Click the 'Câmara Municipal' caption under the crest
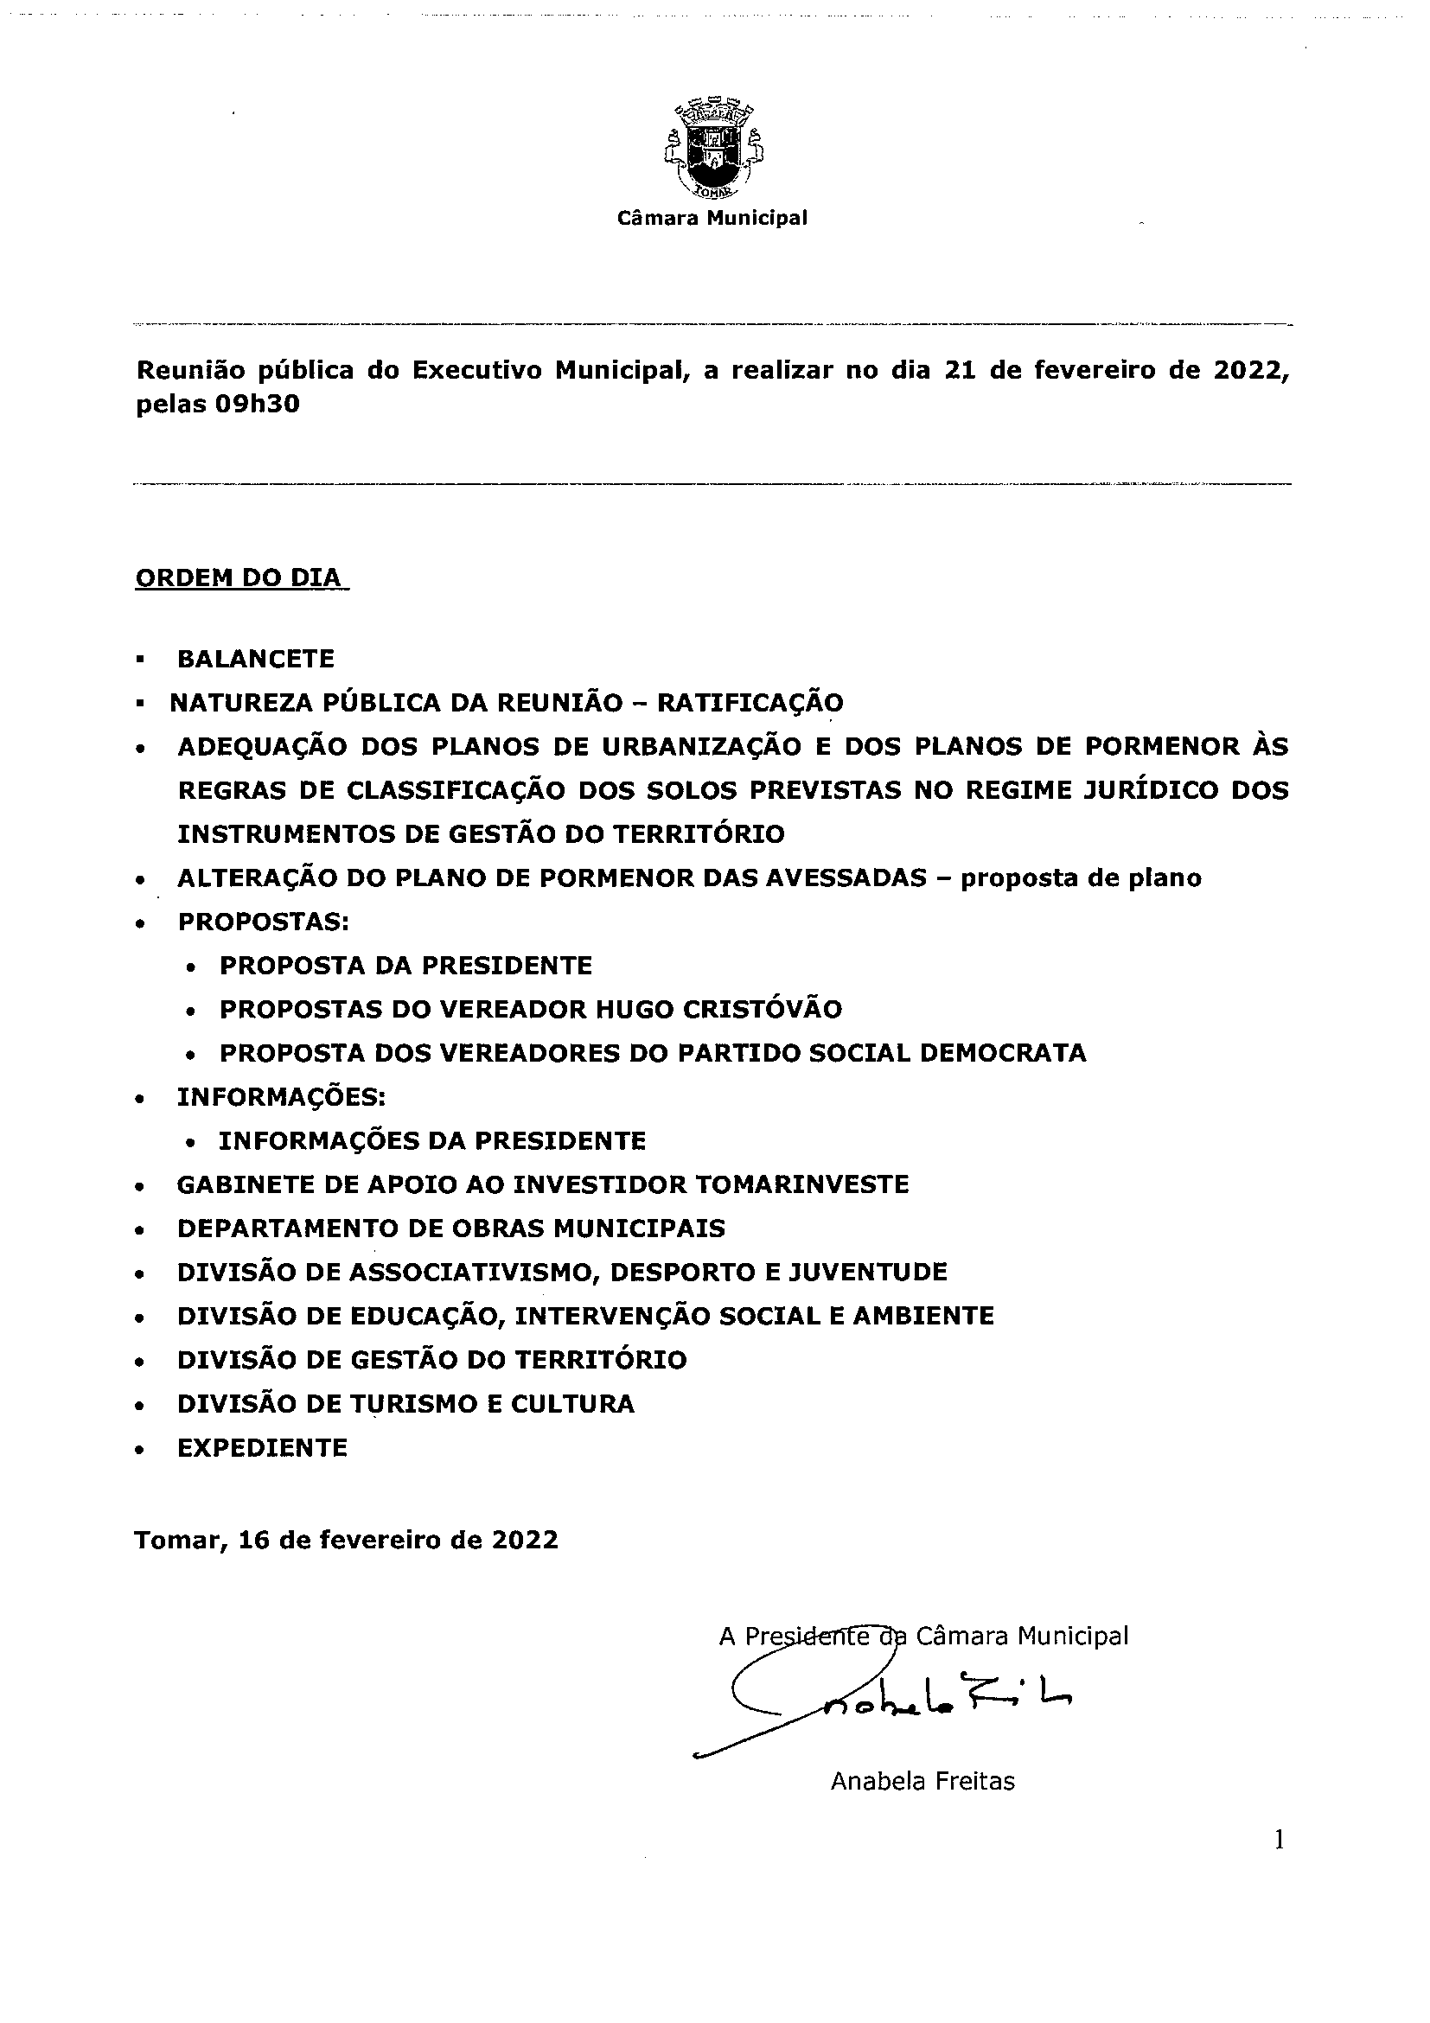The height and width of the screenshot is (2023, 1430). click(x=712, y=218)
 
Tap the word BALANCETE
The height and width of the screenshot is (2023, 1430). click(x=256, y=659)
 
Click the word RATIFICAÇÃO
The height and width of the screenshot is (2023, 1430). click(x=750, y=703)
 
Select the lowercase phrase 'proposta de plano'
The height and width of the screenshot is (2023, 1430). click(x=1081, y=877)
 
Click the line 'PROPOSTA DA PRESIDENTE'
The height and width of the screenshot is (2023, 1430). click(x=405, y=966)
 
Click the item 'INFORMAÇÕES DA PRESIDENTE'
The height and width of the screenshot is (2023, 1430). click(x=431, y=1141)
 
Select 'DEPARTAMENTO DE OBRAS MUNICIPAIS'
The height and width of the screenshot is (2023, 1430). click(x=451, y=1228)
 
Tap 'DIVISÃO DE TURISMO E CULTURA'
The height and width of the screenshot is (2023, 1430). click(x=405, y=1404)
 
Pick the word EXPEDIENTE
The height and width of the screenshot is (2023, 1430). click(x=263, y=1447)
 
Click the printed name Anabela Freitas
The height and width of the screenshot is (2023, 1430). click(x=922, y=1774)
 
